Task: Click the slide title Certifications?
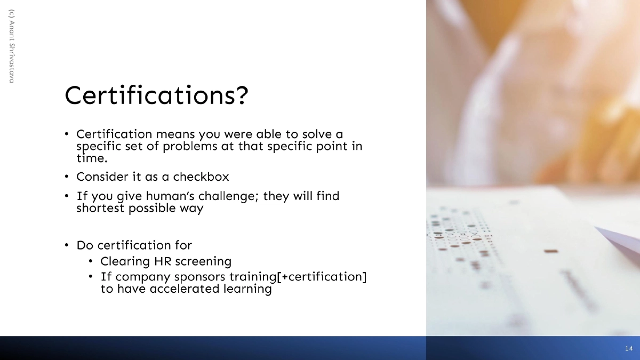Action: tap(156, 95)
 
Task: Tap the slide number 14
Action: tap(628, 348)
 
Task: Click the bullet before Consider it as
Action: tap(67, 176)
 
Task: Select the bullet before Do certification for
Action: tap(67, 245)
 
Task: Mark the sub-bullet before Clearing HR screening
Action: tap(91, 261)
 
